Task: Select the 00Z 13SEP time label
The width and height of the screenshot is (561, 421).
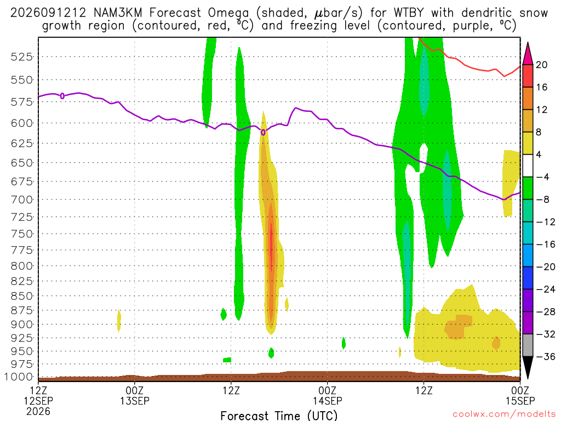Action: (135, 396)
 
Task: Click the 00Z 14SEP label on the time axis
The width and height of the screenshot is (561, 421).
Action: (328, 396)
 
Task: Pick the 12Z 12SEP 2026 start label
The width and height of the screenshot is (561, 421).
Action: (38, 401)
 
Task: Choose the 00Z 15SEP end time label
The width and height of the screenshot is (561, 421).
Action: (520, 396)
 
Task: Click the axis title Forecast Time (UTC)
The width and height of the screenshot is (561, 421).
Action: (279, 416)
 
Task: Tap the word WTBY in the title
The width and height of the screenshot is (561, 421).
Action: (409, 13)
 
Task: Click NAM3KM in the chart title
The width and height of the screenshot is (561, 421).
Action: (118, 13)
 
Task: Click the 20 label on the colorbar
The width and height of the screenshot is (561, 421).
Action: (541, 65)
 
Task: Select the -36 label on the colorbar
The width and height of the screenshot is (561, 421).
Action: (546, 356)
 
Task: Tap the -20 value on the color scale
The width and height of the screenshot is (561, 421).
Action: (546, 267)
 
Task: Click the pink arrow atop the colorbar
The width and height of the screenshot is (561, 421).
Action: (528, 53)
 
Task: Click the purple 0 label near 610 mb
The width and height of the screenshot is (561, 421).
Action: (263, 133)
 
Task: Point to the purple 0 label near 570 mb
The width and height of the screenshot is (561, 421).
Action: (62, 96)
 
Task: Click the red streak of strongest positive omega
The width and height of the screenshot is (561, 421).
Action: (271, 247)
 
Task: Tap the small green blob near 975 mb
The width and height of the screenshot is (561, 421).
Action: (227, 360)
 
